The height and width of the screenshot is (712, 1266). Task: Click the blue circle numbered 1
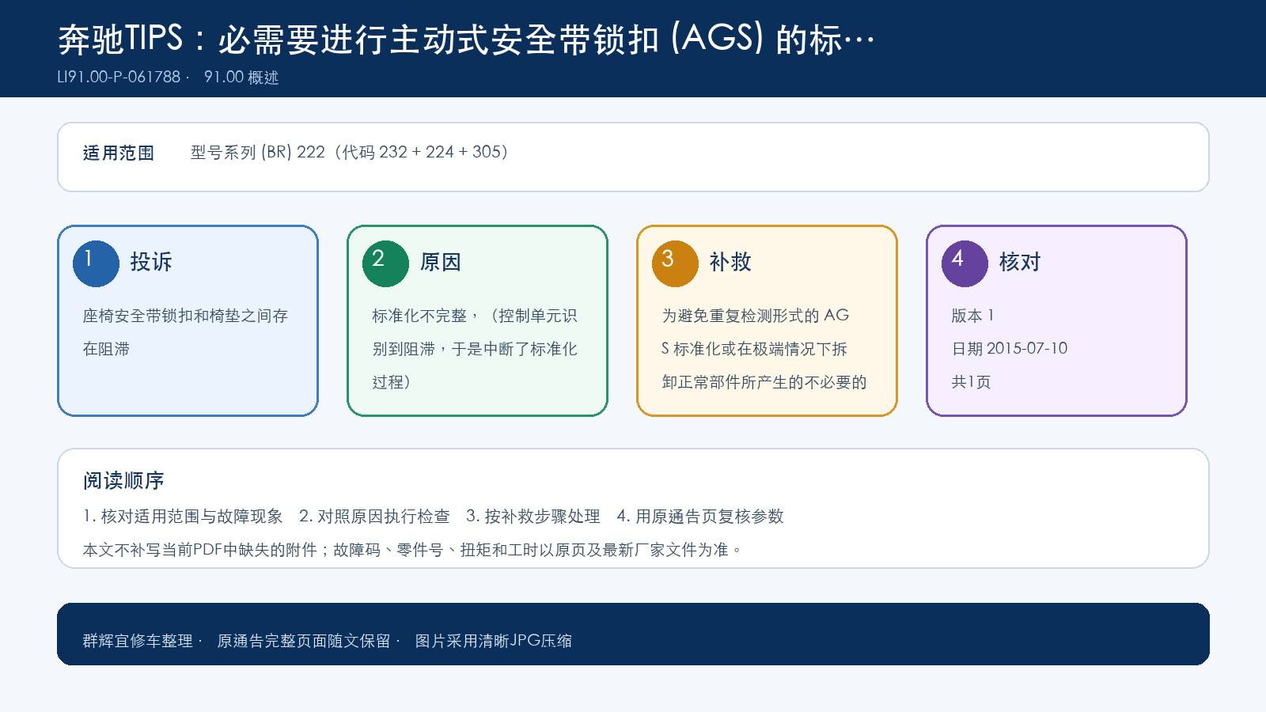pos(96,264)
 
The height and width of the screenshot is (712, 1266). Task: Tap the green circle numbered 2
pos(385,264)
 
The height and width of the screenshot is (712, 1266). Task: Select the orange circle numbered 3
pos(675,264)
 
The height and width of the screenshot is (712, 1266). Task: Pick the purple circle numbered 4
pos(965,264)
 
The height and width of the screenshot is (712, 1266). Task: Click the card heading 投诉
pos(151,262)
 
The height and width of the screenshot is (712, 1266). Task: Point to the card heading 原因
pos(440,262)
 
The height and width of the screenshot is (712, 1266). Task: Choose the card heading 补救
pos(730,262)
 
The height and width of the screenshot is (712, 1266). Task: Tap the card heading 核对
pos(1020,262)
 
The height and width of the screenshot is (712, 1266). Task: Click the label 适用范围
pos(119,153)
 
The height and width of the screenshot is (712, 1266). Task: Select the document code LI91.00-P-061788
pos(119,77)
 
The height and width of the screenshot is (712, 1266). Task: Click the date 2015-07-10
pos(1027,348)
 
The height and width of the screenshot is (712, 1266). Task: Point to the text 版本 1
pos(972,316)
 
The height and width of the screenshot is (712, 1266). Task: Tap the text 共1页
pos(971,382)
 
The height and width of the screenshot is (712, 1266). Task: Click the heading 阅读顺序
pos(123,481)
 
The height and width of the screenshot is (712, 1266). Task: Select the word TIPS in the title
pos(154,39)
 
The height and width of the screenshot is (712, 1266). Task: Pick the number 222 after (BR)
pos(311,152)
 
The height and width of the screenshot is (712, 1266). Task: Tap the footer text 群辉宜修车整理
pos(138,641)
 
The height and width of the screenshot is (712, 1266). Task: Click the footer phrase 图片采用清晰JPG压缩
pos(494,641)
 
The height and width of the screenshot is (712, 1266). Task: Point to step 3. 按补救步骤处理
pos(533,516)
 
